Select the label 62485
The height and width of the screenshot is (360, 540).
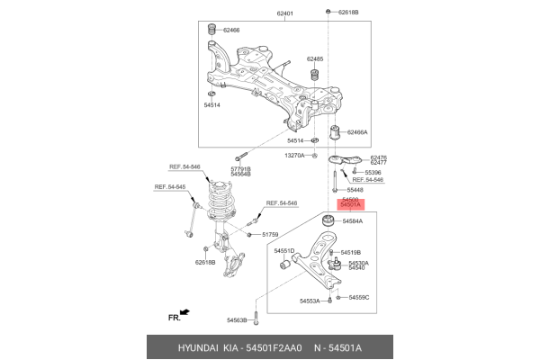(x=314, y=57)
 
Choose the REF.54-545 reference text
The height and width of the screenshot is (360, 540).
(x=169, y=187)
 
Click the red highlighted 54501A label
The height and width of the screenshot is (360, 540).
(x=350, y=205)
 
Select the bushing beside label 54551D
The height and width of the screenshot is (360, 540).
(x=283, y=264)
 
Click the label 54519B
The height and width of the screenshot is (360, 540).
(x=349, y=253)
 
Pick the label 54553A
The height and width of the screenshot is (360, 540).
(x=309, y=301)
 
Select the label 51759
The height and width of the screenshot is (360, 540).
(x=271, y=235)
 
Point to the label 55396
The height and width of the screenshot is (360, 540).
(x=373, y=172)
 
